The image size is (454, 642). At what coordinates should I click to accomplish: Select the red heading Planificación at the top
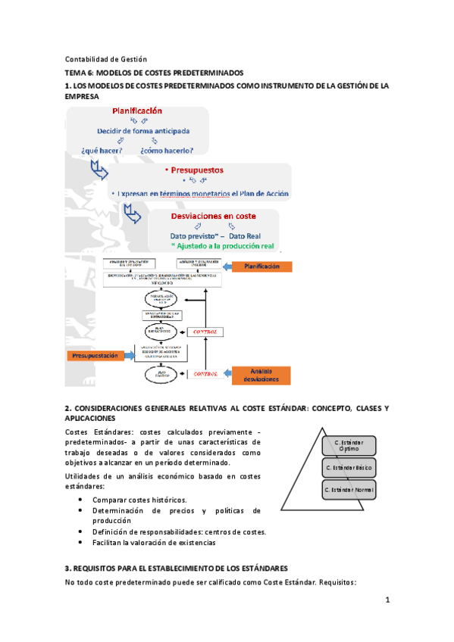click(x=137, y=111)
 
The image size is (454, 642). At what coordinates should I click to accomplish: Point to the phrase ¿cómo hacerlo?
click(x=166, y=150)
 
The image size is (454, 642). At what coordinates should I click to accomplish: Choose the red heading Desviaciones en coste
click(x=214, y=216)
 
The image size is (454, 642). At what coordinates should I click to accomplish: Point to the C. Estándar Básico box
click(x=348, y=468)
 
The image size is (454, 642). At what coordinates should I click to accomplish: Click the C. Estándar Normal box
click(x=348, y=491)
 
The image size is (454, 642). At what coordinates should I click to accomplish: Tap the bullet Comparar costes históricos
click(x=139, y=500)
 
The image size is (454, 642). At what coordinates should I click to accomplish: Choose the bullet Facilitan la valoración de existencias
click(x=154, y=542)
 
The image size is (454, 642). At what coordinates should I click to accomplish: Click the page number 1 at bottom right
click(x=387, y=600)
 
